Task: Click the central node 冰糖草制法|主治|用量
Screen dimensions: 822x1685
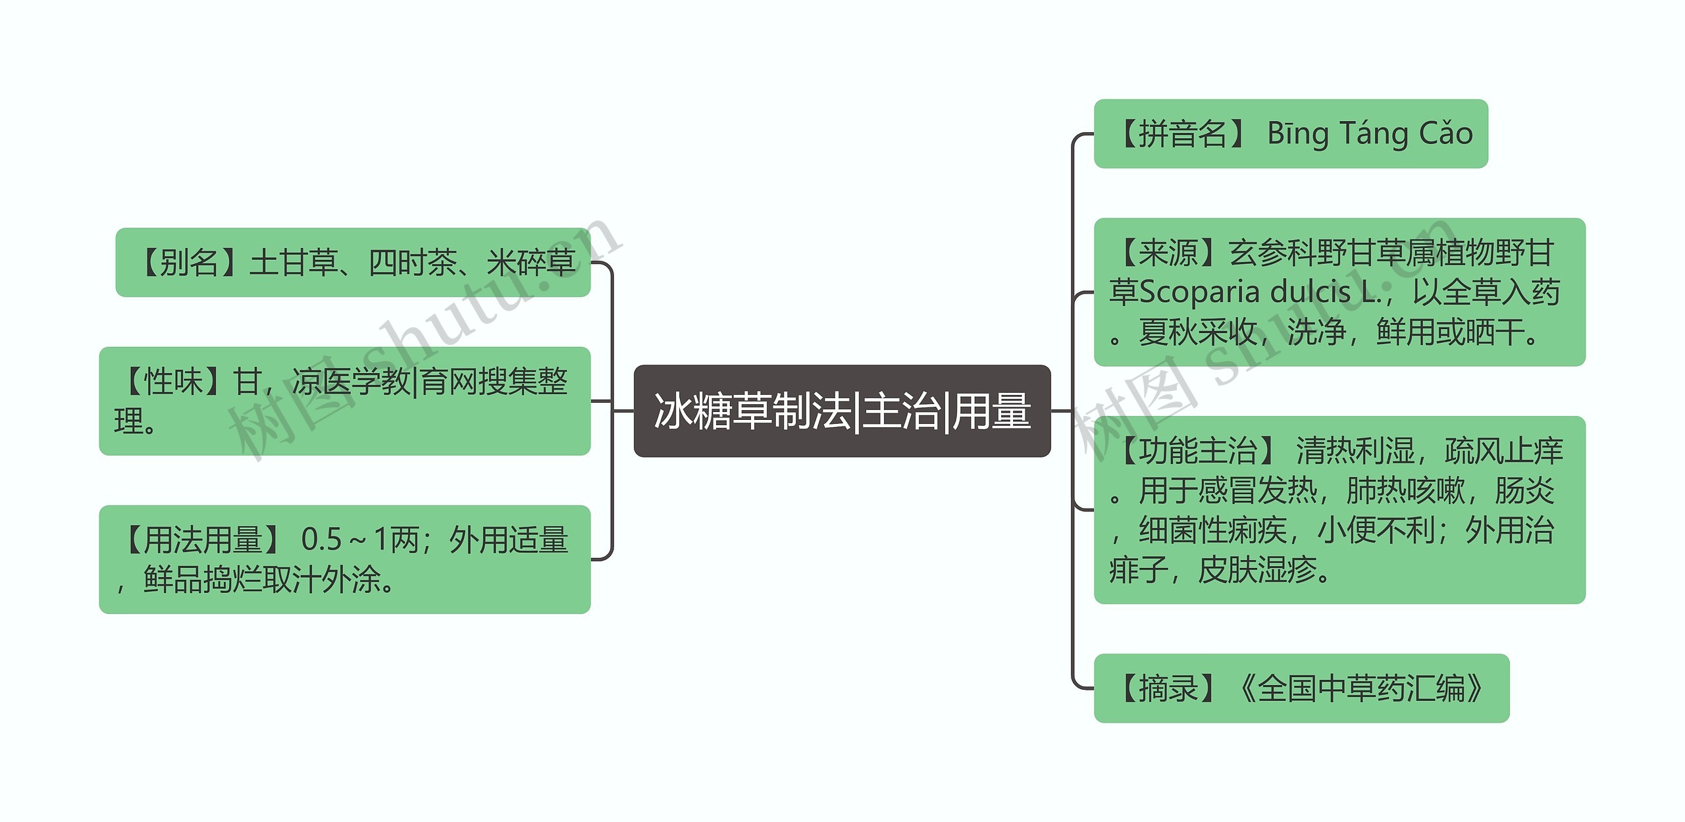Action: (842, 411)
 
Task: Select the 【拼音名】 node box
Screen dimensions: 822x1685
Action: (1290, 134)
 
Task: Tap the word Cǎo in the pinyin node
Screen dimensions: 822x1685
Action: (1445, 134)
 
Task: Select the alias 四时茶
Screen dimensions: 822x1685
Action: (412, 263)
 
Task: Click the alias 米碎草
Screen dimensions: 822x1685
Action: (531, 263)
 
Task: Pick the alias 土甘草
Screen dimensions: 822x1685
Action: (294, 263)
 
